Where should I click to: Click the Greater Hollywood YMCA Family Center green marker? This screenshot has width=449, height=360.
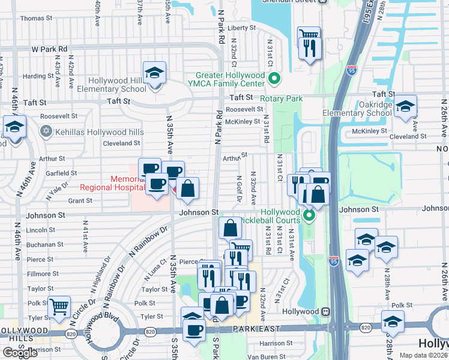(x=274, y=78)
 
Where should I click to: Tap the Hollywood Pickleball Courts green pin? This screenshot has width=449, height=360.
(x=309, y=215)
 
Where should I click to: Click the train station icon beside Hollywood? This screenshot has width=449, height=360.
(x=325, y=311)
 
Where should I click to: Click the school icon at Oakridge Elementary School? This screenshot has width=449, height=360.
(x=406, y=106)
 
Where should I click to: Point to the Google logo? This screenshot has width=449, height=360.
(x=20, y=353)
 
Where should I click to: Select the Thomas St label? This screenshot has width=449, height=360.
(x=32, y=19)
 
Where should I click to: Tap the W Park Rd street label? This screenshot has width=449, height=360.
(x=49, y=48)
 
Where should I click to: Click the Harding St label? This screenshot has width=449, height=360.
(x=38, y=76)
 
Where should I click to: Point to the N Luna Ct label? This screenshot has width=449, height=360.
(x=154, y=271)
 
